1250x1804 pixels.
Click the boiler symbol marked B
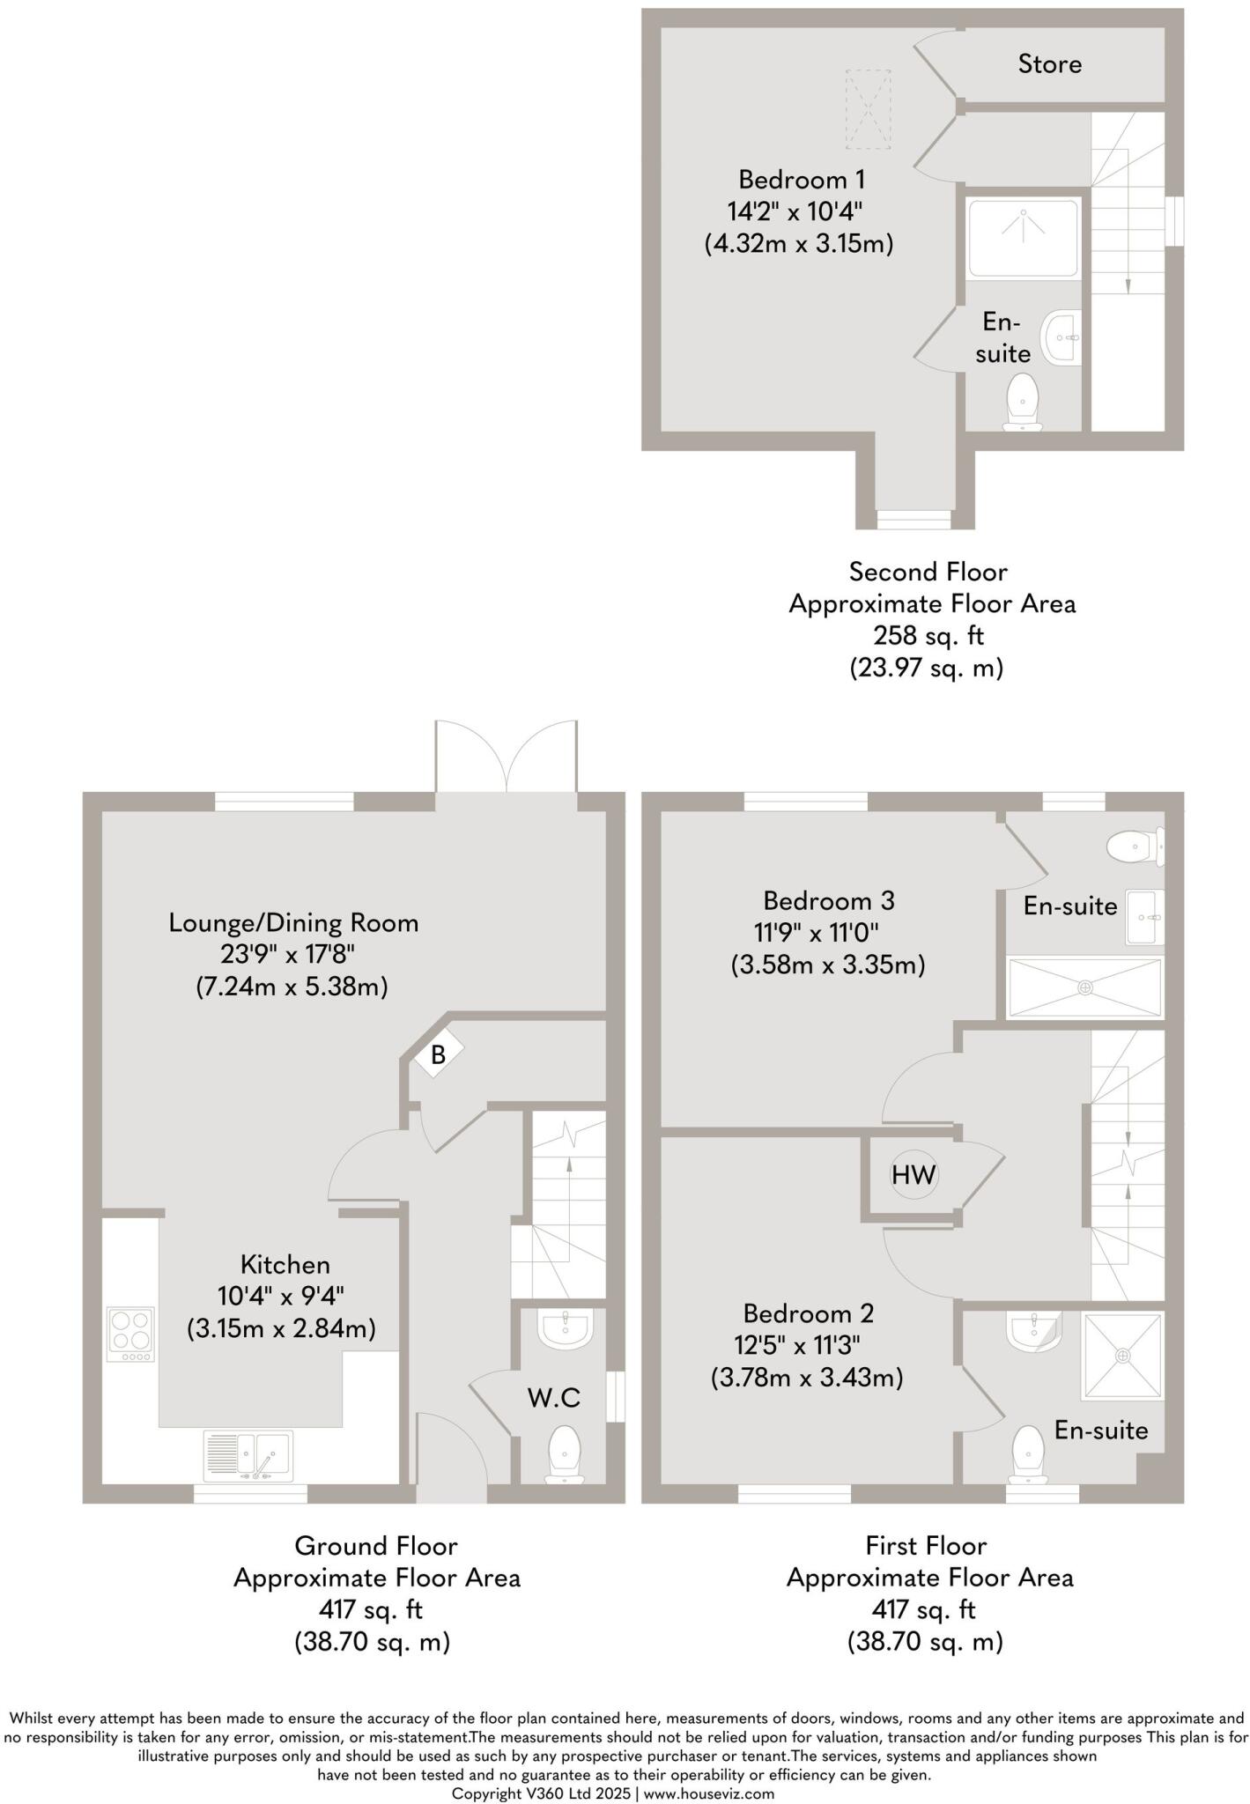point(438,1054)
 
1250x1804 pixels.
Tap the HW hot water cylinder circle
point(913,1175)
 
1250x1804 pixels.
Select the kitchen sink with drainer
point(248,1456)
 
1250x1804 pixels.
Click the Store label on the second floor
point(1049,63)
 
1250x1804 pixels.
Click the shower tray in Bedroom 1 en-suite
point(1023,238)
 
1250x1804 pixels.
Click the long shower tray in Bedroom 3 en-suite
point(1084,987)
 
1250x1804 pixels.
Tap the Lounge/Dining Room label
point(293,923)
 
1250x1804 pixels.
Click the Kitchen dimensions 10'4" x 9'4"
point(280,1296)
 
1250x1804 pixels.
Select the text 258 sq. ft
point(928,635)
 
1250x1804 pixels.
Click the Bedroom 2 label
point(808,1313)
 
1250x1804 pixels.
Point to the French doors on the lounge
point(506,758)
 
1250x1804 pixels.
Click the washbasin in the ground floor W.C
point(565,1330)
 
